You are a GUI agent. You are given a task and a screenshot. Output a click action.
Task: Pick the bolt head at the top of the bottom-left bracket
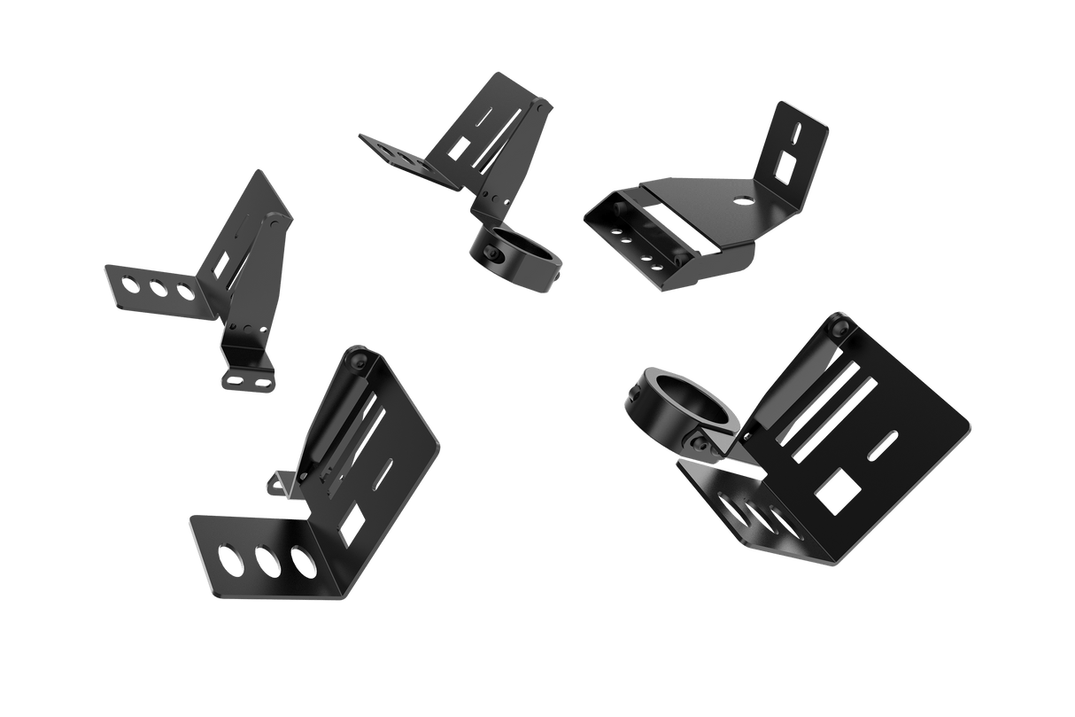click(358, 360)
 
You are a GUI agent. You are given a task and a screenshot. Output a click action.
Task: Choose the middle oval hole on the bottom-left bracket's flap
click(268, 561)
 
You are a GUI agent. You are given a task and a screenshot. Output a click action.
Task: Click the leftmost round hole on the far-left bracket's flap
click(132, 283)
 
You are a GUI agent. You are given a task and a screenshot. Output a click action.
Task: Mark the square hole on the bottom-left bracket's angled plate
click(352, 523)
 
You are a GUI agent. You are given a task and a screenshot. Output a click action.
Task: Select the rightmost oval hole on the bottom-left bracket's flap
click(303, 567)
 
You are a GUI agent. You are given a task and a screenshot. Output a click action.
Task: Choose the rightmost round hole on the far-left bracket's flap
click(184, 291)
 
